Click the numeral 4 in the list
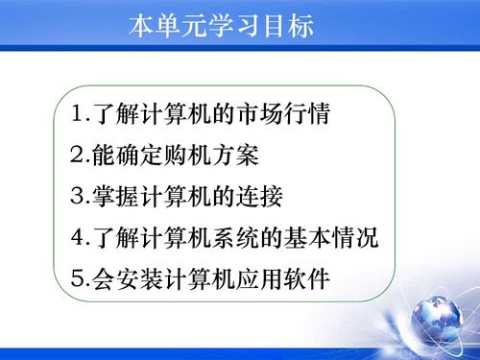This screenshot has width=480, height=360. click(x=78, y=238)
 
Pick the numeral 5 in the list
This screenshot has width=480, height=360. click(x=78, y=279)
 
